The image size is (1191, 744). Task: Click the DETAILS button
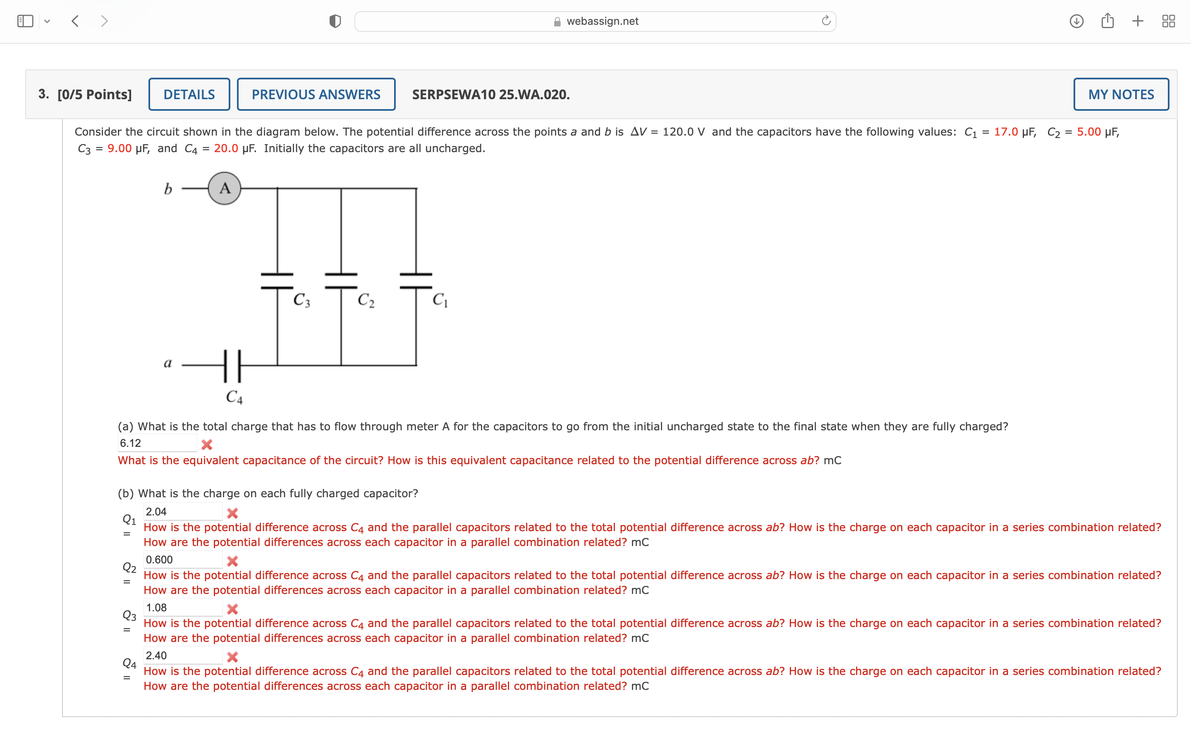[x=189, y=95]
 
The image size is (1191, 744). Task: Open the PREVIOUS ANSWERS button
[x=316, y=95]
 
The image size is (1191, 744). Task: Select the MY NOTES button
[x=1121, y=95]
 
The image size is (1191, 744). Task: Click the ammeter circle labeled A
[x=225, y=188]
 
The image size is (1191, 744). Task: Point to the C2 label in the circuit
[x=366, y=300]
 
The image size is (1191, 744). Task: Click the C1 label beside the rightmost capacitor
[x=440, y=300]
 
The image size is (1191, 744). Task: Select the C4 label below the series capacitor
[x=234, y=397]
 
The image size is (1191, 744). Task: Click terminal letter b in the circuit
[x=168, y=189]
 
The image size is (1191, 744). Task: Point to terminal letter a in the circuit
[x=168, y=363]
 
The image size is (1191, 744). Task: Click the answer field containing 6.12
[x=157, y=443]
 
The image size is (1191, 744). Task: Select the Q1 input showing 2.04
[x=183, y=512]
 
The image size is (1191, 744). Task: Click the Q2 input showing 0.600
[x=183, y=560]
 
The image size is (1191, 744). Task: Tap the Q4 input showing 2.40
[x=183, y=656]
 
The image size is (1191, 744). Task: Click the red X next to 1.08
[x=232, y=609]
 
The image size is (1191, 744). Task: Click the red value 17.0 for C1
[x=1005, y=132]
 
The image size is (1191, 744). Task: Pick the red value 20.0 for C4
[x=226, y=149]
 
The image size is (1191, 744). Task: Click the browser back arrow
[x=75, y=21]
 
